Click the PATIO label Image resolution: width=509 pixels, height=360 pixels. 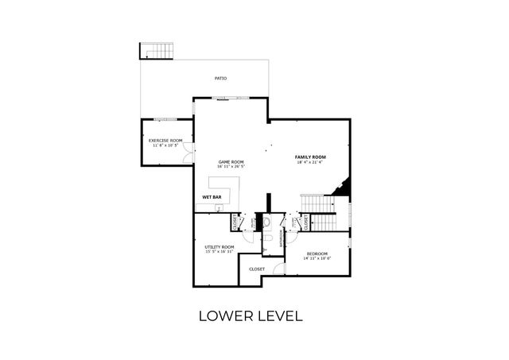pyautogui.click(x=220, y=79)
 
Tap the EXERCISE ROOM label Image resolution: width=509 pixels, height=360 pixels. pyautogui.click(x=165, y=141)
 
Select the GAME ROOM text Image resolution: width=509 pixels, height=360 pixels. pyautogui.click(x=231, y=161)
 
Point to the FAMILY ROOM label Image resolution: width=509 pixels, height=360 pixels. pyautogui.click(x=311, y=157)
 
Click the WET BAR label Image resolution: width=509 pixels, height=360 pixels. pyautogui.click(x=212, y=196)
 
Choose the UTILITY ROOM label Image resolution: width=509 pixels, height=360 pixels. pyautogui.click(x=220, y=246)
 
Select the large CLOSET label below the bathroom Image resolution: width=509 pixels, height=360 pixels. pyautogui.click(x=257, y=269)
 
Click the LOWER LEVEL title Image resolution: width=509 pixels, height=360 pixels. pyautogui.click(x=251, y=315)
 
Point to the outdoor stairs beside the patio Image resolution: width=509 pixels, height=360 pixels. pyautogui.click(x=157, y=51)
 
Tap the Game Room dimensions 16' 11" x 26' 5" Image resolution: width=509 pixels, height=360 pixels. pyautogui.click(x=231, y=167)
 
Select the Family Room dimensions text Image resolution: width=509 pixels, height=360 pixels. pyautogui.click(x=311, y=163)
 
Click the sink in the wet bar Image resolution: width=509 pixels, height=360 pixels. pyautogui.click(x=220, y=207)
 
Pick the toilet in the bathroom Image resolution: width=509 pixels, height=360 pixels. pyautogui.click(x=269, y=236)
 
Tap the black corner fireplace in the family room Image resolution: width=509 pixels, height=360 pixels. pyautogui.click(x=343, y=188)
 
